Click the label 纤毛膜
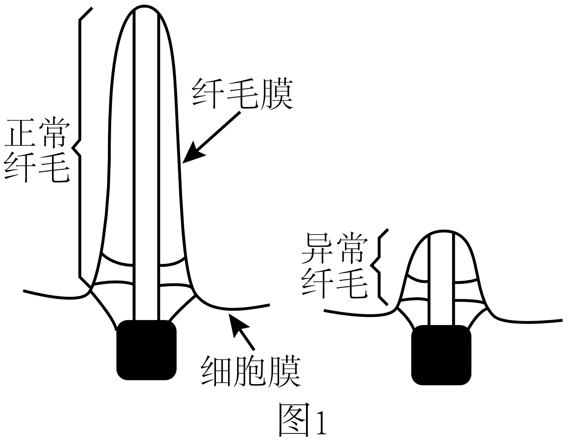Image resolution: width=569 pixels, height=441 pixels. [x=242, y=94]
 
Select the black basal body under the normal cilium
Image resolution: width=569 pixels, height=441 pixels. [x=146, y=350]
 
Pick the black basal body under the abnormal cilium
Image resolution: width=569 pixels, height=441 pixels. [x=441, y=355]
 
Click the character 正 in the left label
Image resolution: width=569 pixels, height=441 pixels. [x=20, y=133]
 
